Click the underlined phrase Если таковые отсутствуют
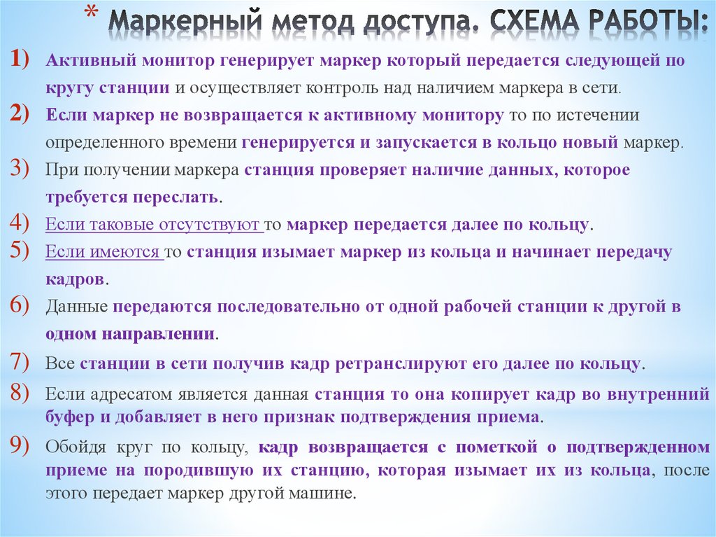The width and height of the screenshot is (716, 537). click(153, 225)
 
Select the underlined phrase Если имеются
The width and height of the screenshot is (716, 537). click(103, 253)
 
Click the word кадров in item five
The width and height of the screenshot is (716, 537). click(76, 279)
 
